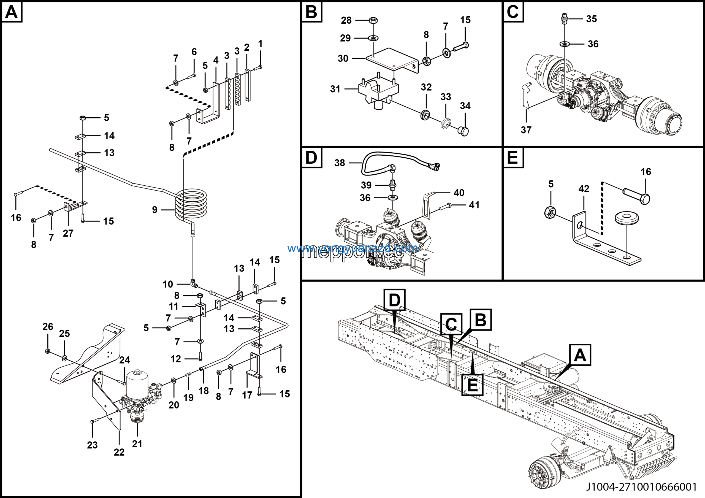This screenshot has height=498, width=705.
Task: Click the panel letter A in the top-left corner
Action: point(12,12)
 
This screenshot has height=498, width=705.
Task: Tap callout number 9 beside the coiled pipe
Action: point(155,210)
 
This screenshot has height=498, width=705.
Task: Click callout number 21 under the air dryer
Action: point(137,444)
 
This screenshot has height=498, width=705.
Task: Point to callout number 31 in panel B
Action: point(335,89)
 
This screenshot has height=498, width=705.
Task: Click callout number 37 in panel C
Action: point(526,130)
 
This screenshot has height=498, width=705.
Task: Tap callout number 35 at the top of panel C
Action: point(591,19)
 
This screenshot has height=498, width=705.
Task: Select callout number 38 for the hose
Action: point(340,163)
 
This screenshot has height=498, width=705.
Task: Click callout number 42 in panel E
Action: point(584,188)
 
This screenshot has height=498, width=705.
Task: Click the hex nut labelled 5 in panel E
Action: point(550,212)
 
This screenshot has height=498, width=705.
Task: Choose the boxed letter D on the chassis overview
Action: point(395,300)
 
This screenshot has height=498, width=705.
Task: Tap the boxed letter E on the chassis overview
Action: point(472,385)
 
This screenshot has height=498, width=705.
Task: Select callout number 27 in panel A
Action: point(68,233)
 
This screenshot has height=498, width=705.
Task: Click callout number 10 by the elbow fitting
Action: point(168,284)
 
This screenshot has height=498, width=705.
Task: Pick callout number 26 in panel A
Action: point(48,326)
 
